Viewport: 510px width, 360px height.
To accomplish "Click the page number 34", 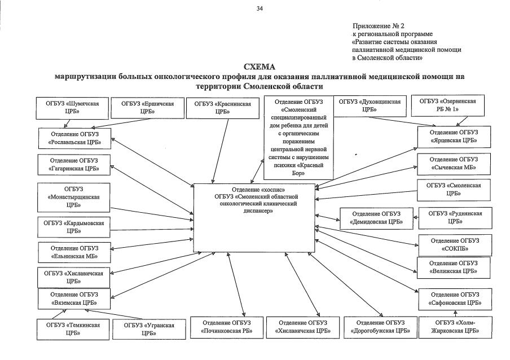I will (260, 8).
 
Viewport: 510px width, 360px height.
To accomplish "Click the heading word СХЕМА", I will (260, 67).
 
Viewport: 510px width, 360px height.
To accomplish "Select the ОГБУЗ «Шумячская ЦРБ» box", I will (72, 107).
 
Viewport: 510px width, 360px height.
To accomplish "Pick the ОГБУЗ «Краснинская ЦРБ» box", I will (223, 107).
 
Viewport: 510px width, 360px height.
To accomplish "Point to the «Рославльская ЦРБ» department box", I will (74, 138).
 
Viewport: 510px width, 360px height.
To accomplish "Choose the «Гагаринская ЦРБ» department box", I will (74, 165).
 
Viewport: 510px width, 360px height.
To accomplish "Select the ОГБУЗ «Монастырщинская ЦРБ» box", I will (74, 197).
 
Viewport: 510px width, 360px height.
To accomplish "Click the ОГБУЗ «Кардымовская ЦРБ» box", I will (74, 227).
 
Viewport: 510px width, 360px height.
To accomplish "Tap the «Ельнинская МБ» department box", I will (74, 252).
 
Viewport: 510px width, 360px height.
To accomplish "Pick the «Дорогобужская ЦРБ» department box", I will (380, 327).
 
